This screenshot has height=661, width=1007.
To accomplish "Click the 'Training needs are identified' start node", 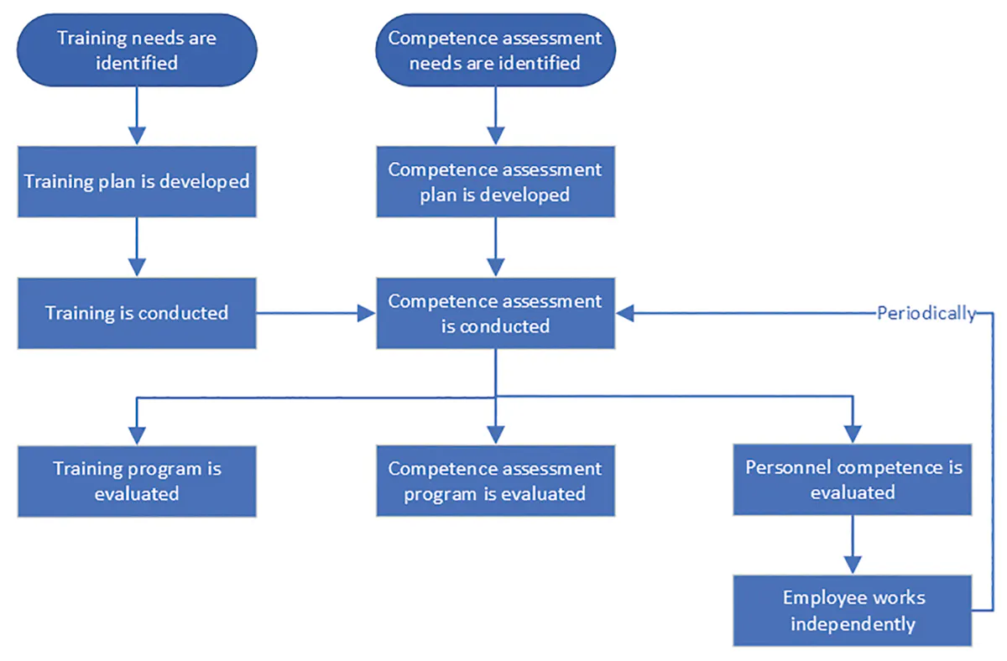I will click(x=136, y=49).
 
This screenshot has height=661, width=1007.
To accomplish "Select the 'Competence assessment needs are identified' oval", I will click(x=495, y=49).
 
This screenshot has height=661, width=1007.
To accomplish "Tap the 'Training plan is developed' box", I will click(x=136, y=181).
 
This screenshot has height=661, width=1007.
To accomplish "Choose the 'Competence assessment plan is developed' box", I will click(x=495, y=181).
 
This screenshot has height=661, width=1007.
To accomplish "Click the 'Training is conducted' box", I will click(x=136, y=313).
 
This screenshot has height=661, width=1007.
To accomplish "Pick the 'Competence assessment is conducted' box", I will click(x=495, y=313).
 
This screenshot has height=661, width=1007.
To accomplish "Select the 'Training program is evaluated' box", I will click(x=136, y=480).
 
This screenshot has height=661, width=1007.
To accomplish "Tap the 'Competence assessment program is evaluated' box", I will click(x=495, y=480).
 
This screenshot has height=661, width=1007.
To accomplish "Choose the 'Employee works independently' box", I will click(x=853, y=610).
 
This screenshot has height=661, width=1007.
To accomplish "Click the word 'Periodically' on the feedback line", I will click(x=926, y=314).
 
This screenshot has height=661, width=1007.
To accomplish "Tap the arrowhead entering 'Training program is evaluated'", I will click(x=136, y=435).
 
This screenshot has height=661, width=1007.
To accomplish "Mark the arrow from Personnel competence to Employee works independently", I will click(x=853, y=544).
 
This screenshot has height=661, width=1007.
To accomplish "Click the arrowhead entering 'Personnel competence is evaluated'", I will click(x=853, y=435).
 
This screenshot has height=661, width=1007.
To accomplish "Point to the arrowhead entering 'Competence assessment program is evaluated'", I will click(x=495, y=435).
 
